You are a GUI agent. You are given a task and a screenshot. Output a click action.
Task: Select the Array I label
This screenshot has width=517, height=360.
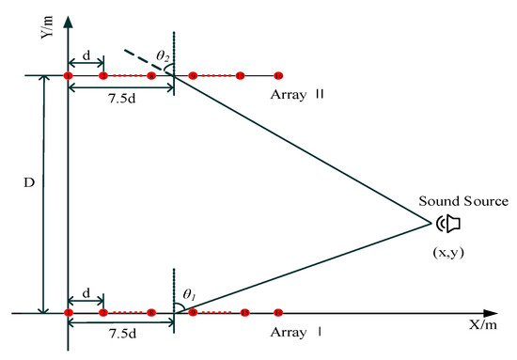pyautogui.click(x=294, y=333)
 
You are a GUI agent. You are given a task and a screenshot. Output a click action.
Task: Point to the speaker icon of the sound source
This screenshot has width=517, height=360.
pyautogui.click(x=450, y=223)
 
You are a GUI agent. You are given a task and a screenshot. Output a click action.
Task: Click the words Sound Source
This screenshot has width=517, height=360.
pyautogui.click(x=463, y=201)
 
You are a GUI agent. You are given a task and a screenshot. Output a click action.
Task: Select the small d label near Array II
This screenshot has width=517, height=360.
pyautogui.click(x=86, y=57)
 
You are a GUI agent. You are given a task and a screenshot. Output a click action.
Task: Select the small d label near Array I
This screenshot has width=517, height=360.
pyautogui.click(x=86, y=293)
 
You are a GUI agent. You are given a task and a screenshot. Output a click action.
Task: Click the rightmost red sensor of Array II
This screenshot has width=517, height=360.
pyautogui.click(x=278, y=75)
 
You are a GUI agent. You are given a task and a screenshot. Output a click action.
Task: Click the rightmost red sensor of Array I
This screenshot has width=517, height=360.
pyautogui.click(x=278, y=312)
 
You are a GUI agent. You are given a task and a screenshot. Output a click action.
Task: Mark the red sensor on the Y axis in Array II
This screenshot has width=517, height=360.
pyautogui.click(x=69, y=75)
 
